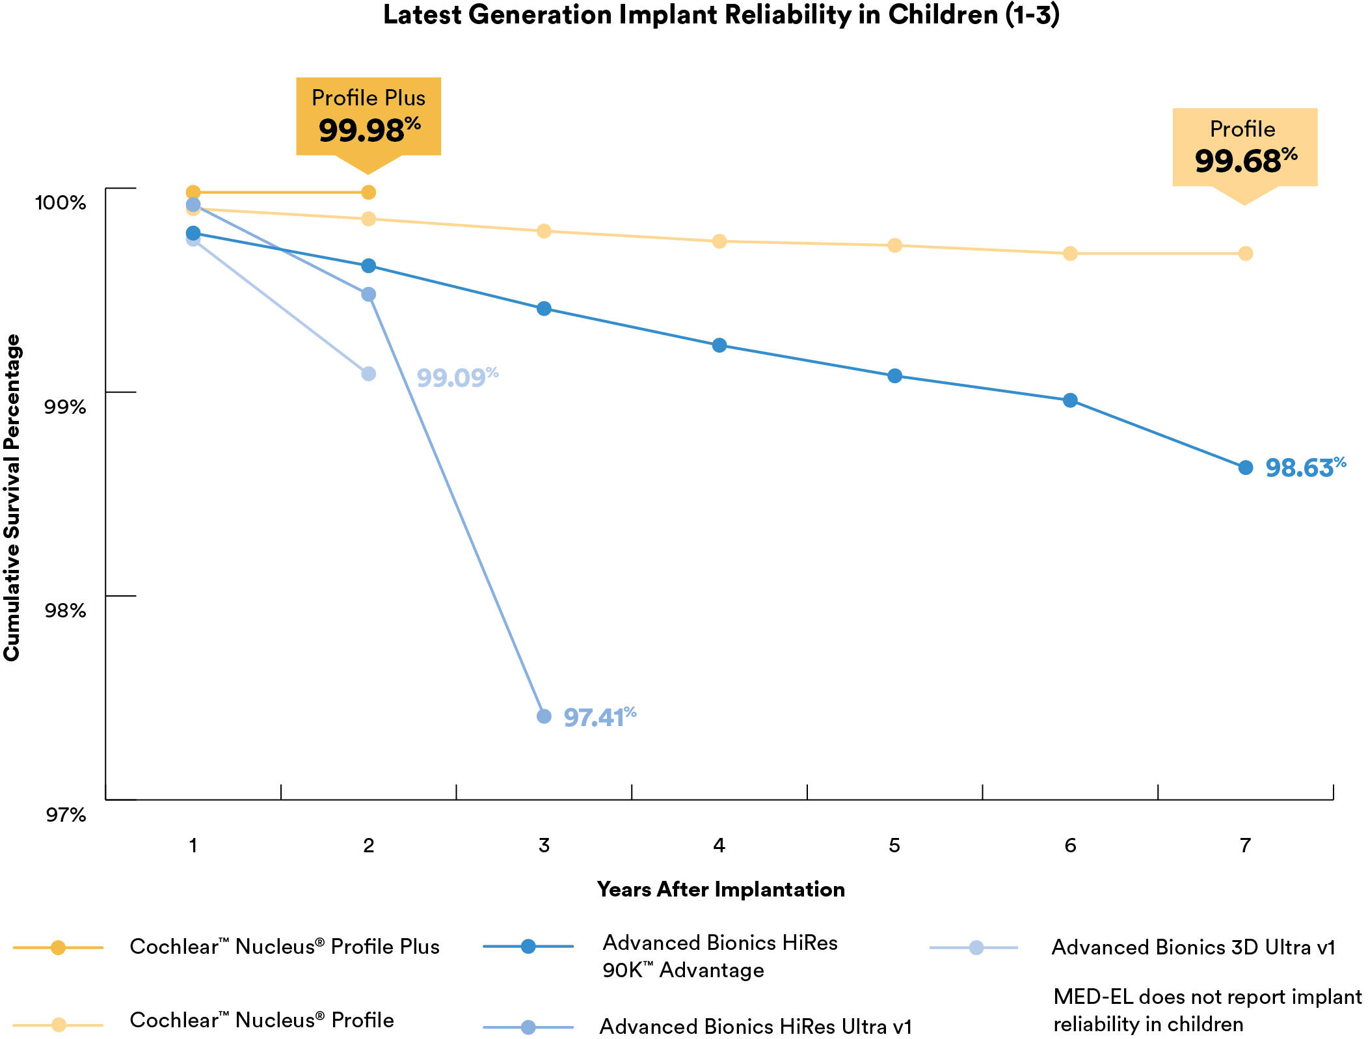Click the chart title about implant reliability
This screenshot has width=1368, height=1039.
721,15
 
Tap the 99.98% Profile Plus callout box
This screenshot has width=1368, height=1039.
368,117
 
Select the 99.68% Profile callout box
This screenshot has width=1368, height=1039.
1244,148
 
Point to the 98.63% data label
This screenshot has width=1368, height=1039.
1304,467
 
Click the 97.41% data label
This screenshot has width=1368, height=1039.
599,717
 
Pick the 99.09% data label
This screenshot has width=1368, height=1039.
457,377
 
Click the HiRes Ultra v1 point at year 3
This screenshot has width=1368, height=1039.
544,716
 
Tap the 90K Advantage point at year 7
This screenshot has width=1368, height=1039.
1245,467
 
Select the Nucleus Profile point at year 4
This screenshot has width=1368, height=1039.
719,241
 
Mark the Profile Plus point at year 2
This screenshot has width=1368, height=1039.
368,193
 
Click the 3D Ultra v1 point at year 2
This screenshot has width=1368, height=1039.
368,373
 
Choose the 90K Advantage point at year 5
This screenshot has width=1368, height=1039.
894,375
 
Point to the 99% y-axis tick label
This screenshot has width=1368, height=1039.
65,407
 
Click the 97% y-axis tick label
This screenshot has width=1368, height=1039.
65,814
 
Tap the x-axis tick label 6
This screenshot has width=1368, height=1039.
1070,845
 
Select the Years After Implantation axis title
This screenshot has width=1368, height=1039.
721,889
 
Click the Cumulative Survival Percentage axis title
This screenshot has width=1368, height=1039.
12,498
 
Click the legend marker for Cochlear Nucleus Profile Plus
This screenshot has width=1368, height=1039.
59,947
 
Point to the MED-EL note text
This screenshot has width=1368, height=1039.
1207,1010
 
